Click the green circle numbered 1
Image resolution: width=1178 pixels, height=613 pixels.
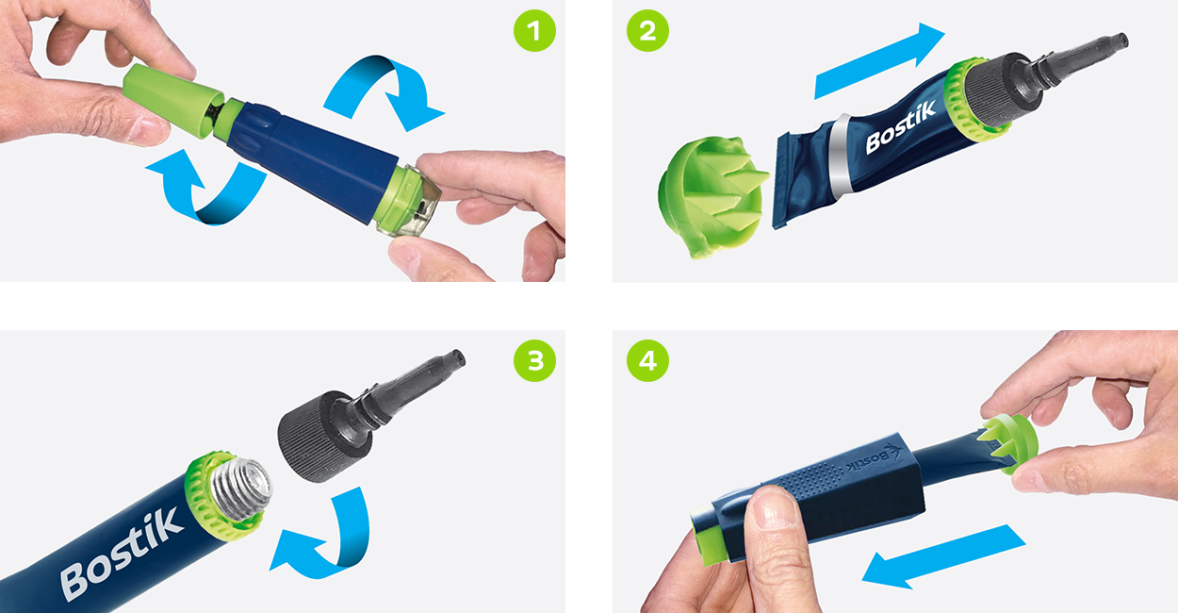534,31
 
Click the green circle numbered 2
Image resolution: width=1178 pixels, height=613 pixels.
647,31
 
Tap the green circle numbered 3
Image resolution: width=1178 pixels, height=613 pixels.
534,360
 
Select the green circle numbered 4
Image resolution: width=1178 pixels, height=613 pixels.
647,360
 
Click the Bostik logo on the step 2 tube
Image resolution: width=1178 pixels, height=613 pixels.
901,127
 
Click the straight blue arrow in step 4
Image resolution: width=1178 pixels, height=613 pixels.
942,556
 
